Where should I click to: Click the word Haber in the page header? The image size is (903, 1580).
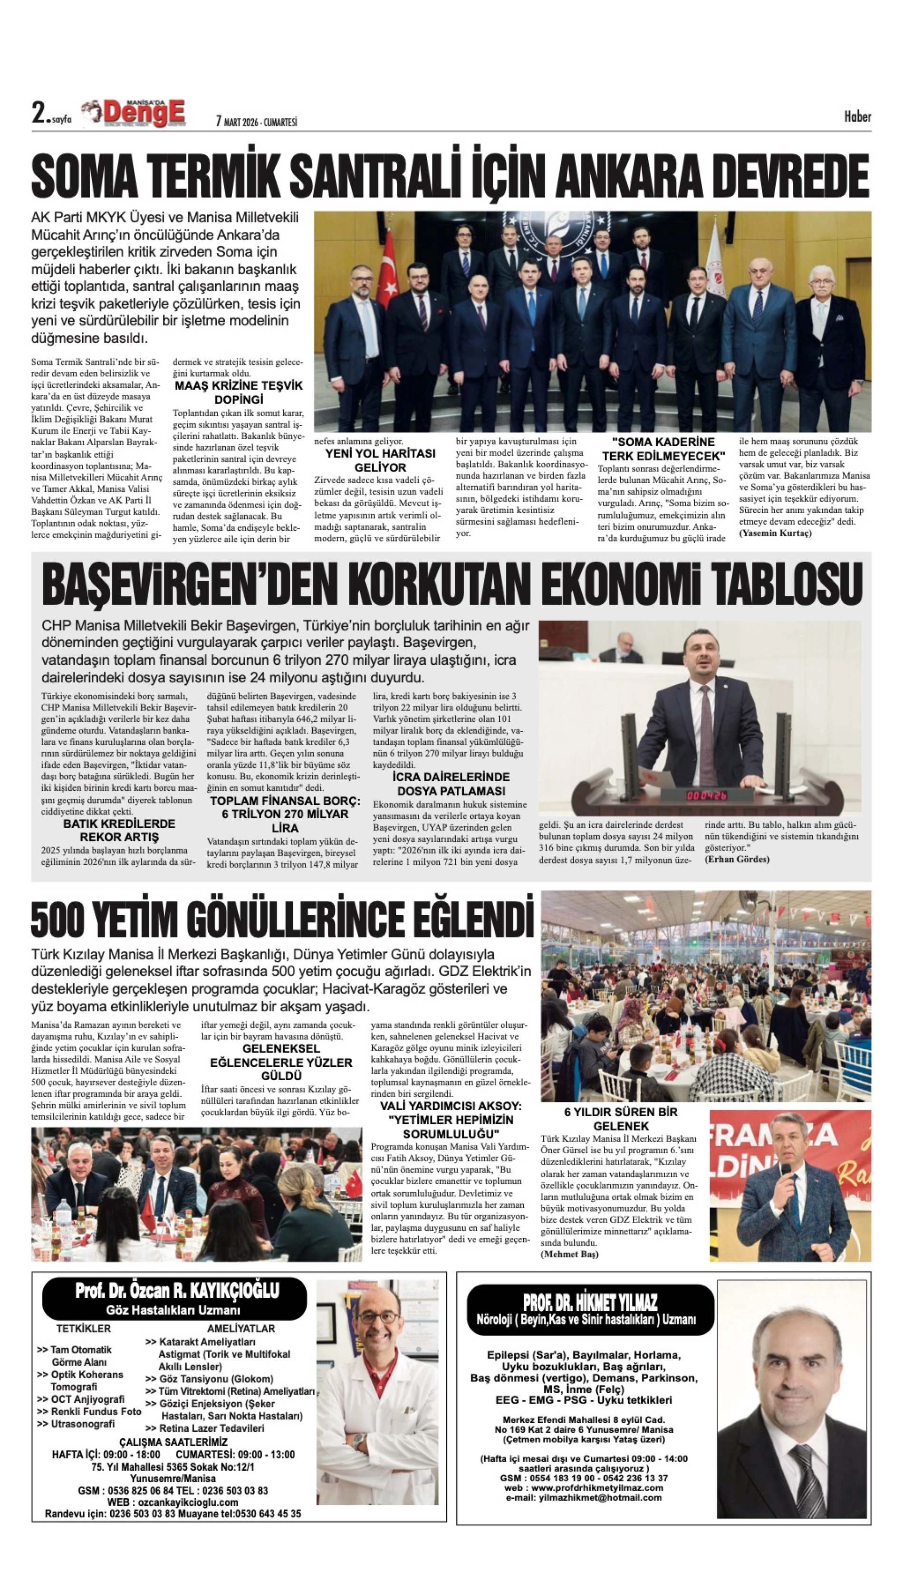coord(857,116)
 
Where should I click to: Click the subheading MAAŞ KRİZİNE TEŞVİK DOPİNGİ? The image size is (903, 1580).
coord(239,391)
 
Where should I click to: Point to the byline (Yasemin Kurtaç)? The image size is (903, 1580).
coord(775,533)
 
